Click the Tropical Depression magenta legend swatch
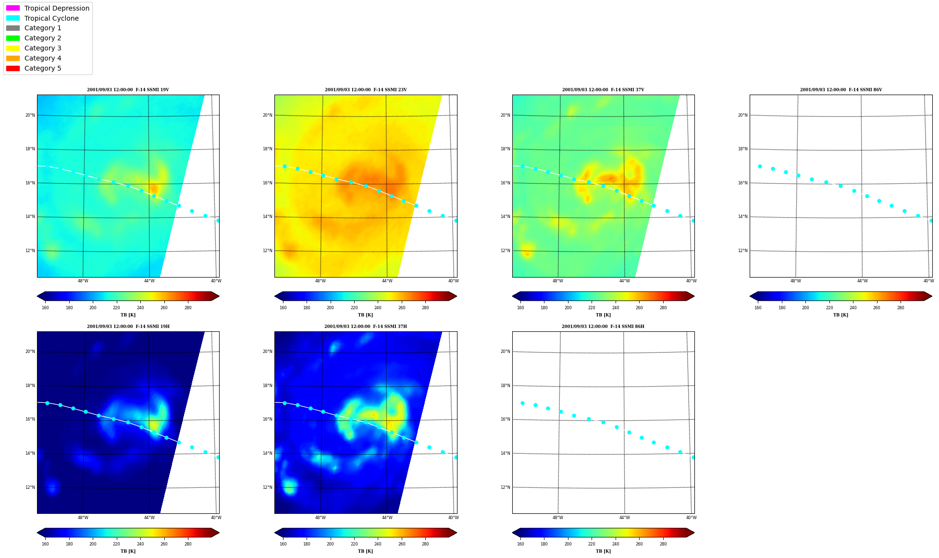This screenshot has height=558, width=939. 13,8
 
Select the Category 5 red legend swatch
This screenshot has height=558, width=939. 13,68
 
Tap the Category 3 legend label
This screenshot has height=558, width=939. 43,48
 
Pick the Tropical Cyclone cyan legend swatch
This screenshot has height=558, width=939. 13,18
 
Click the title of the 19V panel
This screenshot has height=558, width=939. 128,90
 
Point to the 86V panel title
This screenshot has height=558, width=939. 841,90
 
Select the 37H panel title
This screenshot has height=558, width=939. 365,327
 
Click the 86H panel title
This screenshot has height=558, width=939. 603,327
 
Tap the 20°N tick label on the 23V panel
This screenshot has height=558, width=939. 268,115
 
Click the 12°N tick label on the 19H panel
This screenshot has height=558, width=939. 30,487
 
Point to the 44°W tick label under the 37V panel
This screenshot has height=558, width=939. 624,281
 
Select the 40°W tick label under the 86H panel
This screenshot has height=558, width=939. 691,518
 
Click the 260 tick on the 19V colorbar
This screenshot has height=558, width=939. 164,308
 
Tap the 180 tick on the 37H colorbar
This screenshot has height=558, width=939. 307,544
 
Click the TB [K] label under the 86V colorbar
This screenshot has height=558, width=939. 840,315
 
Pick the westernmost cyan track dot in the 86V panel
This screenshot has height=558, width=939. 760,166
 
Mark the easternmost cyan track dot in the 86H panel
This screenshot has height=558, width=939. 693,457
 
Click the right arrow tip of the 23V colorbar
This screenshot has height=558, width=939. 457,296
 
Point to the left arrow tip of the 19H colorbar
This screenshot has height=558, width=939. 37,533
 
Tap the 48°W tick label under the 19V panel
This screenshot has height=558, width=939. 83,281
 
